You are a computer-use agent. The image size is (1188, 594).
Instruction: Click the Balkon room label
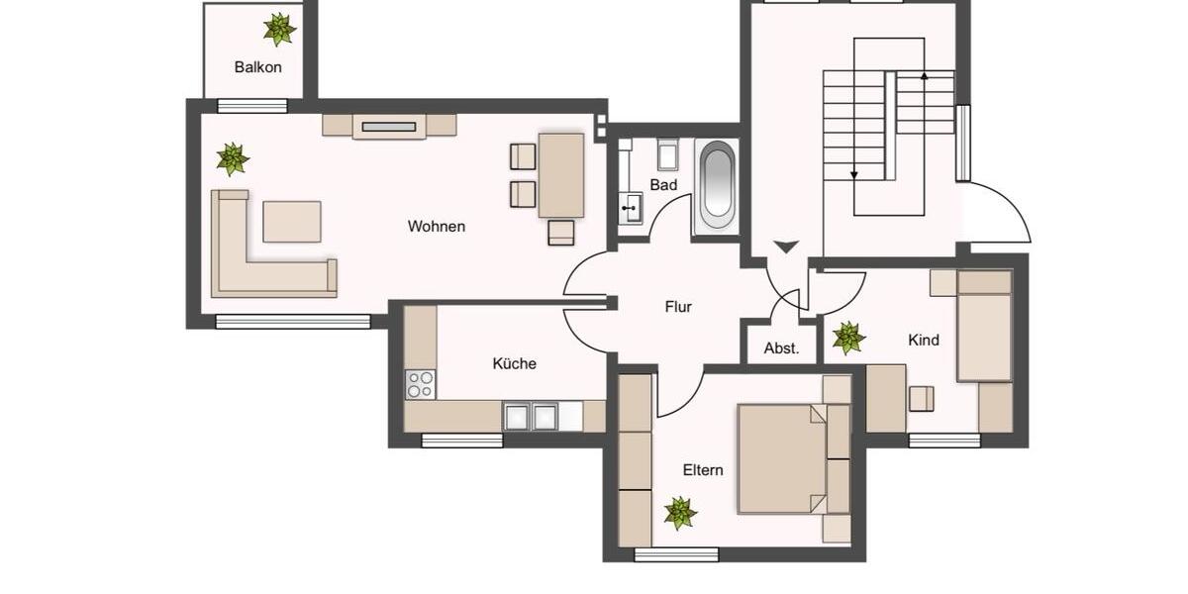click(x=257, y=67)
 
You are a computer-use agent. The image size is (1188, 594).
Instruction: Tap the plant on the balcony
click(x=279, y=29)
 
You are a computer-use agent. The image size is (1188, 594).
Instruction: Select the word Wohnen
click(x=436, y=227)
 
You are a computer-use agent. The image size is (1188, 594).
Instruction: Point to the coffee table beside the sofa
click(x=291, y=221)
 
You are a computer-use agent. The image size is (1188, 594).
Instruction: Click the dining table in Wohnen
click(x=561, y=175)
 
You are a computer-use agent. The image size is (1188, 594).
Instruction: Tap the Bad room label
click(x=663, y=185)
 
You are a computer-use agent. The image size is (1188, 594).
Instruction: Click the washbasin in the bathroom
click(x=630, y=209)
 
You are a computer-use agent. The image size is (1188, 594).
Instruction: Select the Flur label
click(x=678, y=307)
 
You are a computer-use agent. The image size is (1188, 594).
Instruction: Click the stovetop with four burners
click(x=420, y=383)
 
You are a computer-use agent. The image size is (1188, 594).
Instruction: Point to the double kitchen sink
click(x=530, y=416)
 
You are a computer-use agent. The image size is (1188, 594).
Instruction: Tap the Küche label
click(x=514, y=363)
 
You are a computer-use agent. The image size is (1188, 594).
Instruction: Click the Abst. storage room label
click(x=781, y=348)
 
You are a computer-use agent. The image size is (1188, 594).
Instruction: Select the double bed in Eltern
click(x=782, y=458)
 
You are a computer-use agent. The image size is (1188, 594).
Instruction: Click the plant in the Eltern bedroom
click(x=680, y=513)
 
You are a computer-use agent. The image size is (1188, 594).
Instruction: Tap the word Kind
click(x=923, y=341)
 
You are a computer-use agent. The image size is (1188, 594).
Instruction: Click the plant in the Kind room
click(x=848, y=338)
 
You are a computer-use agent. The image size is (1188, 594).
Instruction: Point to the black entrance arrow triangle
click(x=785, y=247)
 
